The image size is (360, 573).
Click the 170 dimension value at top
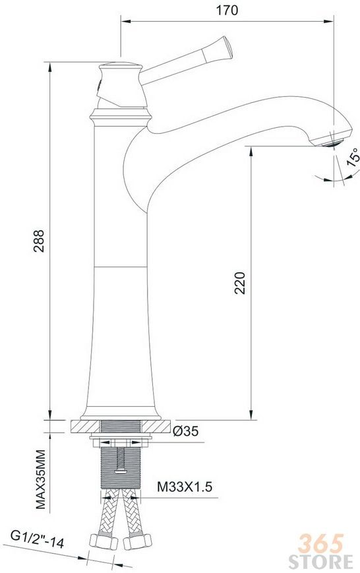pos(227,11)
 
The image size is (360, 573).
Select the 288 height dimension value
pos(39,241)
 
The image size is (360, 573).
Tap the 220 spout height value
pos(240,283)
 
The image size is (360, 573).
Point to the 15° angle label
pos(353,157)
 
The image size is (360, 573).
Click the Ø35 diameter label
pos(186,431)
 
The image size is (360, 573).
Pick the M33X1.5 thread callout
pos(185,487)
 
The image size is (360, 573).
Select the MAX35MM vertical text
pos(40,479)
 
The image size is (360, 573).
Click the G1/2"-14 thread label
pos(38,540)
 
